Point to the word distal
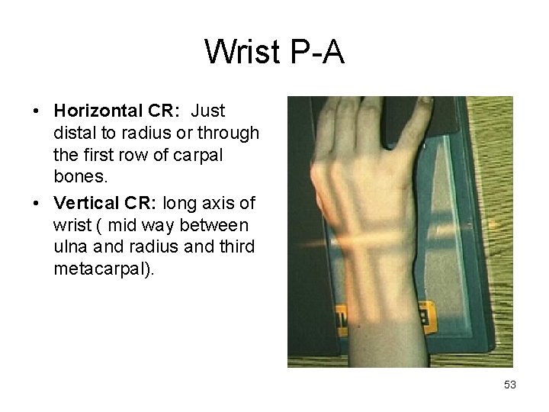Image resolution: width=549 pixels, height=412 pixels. tap(72, 134)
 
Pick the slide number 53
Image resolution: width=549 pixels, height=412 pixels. tap(510, 385)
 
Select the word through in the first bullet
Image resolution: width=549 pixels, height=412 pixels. tap(235, 134)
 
